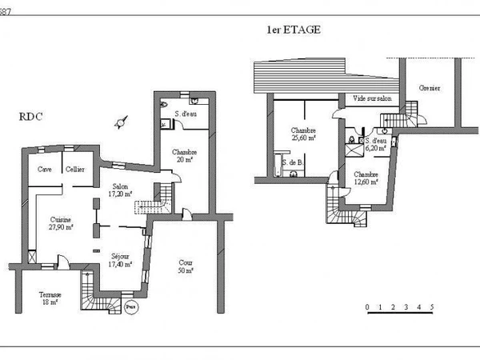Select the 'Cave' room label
(x=45, y=169)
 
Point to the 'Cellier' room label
(x=75, y=169)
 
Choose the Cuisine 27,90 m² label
(x=61, y=223)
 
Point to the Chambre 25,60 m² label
(x=304, y=134)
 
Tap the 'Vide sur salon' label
(x=372, y=98)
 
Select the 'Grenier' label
(x=429, y=89)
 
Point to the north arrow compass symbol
(x=121, y=122)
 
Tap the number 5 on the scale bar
(x=432, y=306)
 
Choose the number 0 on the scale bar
(x=367, y=306)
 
